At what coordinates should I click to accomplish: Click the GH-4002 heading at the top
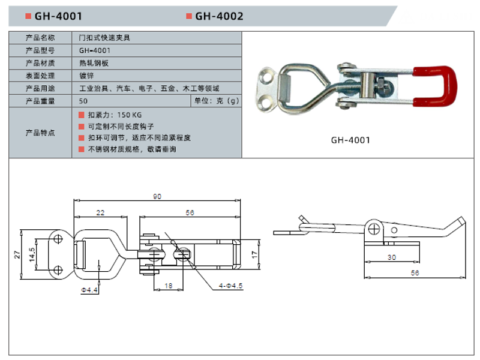pyautogui.click(x=219, y=16)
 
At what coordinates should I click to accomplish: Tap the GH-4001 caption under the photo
pyautogui.click(x=351, y=140)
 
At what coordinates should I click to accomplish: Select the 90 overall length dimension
pyautogui.click(x=157, y=196)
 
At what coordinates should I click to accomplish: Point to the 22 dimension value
pyautogui.click(x=100, y=212)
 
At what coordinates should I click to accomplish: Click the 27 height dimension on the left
pyautogui.click(x=17, y=254)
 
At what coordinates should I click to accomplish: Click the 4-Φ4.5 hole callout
pyautogui.click(x=230, y=286)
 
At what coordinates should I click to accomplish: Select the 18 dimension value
pyautogui.click(x=169, y=286)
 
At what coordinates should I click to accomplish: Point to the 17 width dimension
pyautogui.click(x=254, y=254)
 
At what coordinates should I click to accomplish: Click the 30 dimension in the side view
pyautogui.click(x=392, y=257)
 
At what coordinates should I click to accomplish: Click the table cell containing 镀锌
pyautogui.click(x=87, y=76)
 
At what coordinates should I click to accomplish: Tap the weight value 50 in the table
pyautogui.click(x=83, y=101)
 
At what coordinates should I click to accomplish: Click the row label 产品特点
pyautogui.click(x=40, y=133)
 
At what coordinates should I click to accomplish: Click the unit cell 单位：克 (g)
pyautogui.click(x=217, y=101)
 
